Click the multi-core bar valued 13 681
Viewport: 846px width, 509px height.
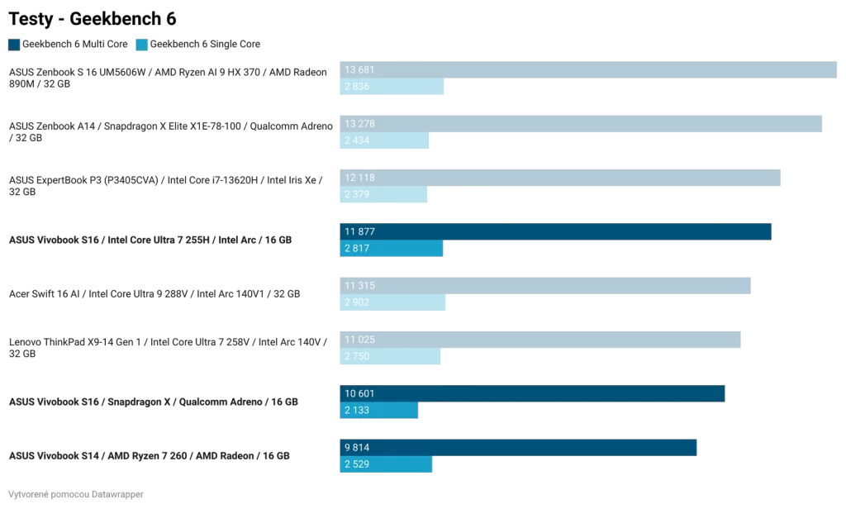[588, 70]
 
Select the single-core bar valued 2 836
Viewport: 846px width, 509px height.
[392, 87]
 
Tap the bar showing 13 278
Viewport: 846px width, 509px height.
[581, 124]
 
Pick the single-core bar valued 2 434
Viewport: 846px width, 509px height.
[384, 140]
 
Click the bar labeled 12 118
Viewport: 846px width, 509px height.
[560, 178]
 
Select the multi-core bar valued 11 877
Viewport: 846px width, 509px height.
[555, 231]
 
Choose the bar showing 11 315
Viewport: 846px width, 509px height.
[545, 285]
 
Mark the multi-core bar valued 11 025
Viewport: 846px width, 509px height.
[540, 340]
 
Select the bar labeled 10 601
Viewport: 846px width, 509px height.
[532, 393]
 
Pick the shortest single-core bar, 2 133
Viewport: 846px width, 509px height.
[379, 411]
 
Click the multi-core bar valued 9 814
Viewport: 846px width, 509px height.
[518, 447]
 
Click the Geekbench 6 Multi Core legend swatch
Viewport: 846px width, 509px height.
[14, 44]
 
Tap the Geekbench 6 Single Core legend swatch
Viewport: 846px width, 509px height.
[141, 44]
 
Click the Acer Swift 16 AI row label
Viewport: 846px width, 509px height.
[154, 293]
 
